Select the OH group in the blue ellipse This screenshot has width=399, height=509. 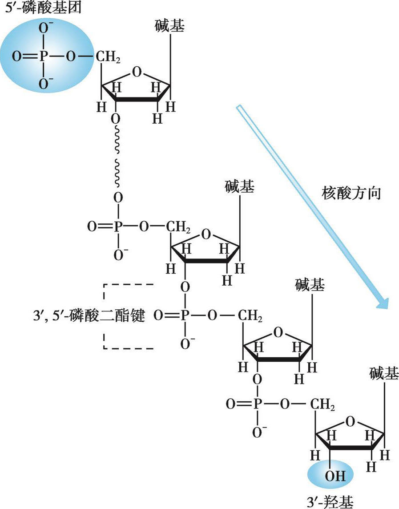click(330, 476)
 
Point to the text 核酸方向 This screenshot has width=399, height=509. click(351, 194)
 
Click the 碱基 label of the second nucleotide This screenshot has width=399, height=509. click(240, 188)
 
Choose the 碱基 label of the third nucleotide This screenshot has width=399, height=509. click(310, 285)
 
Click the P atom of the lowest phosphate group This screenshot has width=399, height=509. click(257, 405)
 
